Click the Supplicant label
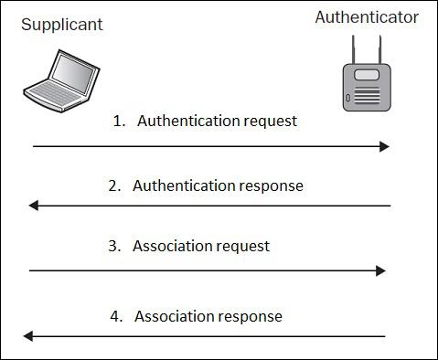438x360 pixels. pyautogui.click(x=62, y=25)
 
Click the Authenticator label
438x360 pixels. pyautogui.click(x=367, y=17)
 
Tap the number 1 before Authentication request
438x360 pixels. pyautogui.click(x=117, y=121)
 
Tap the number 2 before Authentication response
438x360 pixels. pyautogui.click(x=112, y=185)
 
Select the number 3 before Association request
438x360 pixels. pyautogui.click(x=112, y=246)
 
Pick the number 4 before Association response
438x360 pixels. pyautogui.click(x=114, y=316)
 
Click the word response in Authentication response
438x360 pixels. pyautogui.click(x=272, y=186)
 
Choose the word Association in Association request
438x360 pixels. pyautogui.click(x=173, y=246)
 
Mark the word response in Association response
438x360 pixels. pyautogui.click(x=251, y=317)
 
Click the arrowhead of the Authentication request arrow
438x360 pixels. pyautogui.click(x=385, y=146)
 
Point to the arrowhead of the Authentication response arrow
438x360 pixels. pyautogui.click(x=34, y=206)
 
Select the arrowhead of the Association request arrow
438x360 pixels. pyautogui.click(x=380, y=270)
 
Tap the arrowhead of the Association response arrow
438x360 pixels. pyautogui.click(x=29, y=336)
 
